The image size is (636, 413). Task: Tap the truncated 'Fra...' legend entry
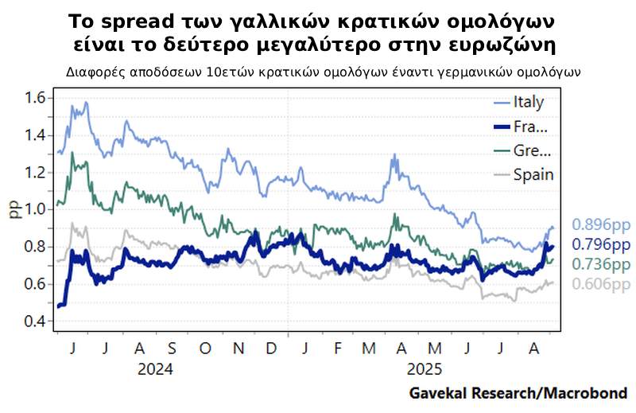[531, 127]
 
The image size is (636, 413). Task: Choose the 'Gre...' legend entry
[532, 151]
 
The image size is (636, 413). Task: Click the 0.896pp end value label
[600, 225]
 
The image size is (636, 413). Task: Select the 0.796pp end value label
[600, 245]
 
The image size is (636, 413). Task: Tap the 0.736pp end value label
[600, 264]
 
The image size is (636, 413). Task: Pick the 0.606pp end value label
[600, 284]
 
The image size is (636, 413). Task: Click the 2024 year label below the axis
[155, 370]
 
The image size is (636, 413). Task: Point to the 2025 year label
[422, 370]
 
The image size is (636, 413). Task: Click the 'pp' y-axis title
[14, 210]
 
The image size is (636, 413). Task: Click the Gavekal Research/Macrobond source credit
[518, 393]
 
